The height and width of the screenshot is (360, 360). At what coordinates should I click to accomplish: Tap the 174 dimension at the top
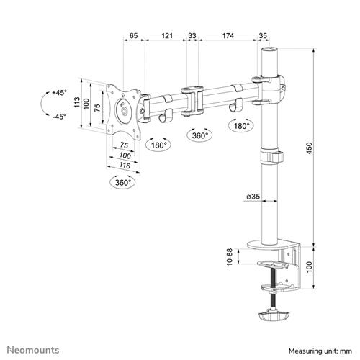pyautogui.click(x=228, y=34)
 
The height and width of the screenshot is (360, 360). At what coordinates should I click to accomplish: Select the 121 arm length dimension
pyautogui.click(x=166, y=34)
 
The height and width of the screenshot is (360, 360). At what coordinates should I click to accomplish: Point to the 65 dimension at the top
pyautogui.click(x=133, y=34)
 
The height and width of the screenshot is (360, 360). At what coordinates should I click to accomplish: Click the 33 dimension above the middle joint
pyautogui.click(x=192, y=34)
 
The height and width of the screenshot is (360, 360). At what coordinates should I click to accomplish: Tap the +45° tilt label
pyautogui.click(x=58, y=94)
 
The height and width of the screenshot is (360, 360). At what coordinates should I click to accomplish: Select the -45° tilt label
pyautogui.click(x=58, y=117)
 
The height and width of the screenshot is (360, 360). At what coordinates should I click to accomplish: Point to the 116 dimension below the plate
pyautogui.click(x=125, y=166)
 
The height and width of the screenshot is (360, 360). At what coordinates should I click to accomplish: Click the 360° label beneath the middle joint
pyautogui.click(x=199, y=135)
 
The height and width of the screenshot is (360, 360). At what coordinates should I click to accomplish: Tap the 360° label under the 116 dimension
pyautogui.click(x=125, y=183)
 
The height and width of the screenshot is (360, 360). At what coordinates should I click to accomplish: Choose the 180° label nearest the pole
pyautogui.click(x=240, y=126)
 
